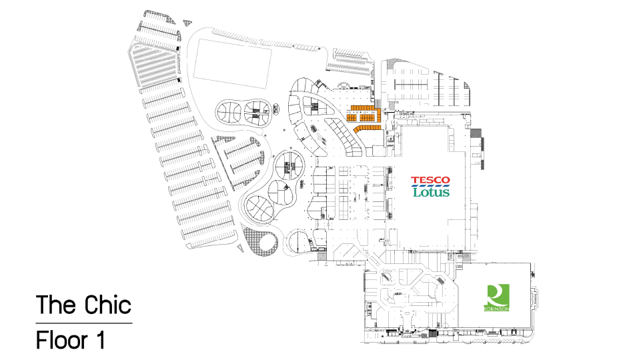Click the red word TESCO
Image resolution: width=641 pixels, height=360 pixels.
(x=430, y=180)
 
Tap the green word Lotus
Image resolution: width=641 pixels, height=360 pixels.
(x=431, y=192)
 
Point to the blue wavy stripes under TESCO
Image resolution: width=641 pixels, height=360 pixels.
(x=430, y=185)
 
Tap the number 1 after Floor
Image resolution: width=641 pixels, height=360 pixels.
(x=100, y=340)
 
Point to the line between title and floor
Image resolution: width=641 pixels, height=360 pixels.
(x=84, y=323)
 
